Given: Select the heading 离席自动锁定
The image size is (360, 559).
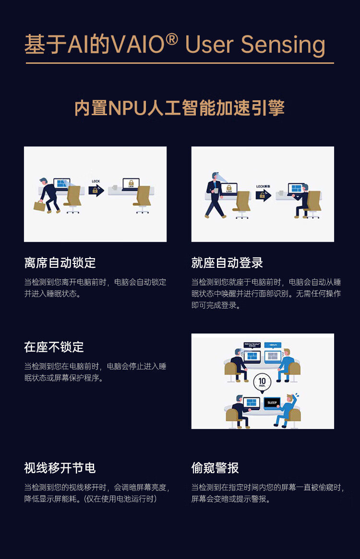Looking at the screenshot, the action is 60,262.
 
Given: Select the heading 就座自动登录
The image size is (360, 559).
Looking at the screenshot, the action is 227,262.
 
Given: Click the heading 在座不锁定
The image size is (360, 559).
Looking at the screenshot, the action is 54,346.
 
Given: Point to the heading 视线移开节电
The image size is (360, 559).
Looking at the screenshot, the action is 60,468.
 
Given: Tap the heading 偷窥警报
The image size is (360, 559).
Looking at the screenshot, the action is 215,468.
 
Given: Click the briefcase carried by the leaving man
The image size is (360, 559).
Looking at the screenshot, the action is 39,206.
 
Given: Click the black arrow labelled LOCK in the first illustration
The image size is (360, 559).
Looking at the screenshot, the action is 96,190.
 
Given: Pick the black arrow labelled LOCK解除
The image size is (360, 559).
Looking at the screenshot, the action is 263,194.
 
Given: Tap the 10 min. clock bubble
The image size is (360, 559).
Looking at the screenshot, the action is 263,382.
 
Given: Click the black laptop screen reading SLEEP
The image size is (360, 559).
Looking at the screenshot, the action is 272,403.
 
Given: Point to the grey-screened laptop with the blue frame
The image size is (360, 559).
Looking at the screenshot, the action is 272,356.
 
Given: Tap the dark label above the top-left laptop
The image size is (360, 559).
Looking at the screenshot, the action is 252,345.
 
